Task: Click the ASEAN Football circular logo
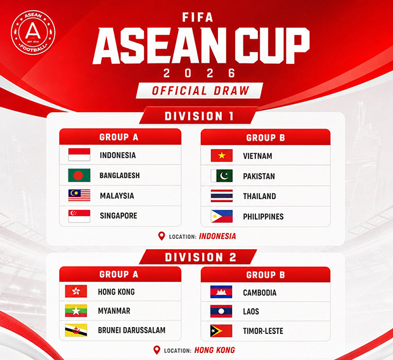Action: click(33, 32)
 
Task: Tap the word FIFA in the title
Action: click(198, 17)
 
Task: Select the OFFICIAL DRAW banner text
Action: click(200, 91)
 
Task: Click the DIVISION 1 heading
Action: click(199, 117)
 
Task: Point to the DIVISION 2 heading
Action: click(200, 257)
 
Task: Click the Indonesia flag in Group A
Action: click(79, 155)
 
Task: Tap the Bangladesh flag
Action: click(79, 175)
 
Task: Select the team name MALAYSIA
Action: click(117, 196)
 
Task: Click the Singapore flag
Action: click(79, 216)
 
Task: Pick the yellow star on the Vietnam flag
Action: click(222, 155)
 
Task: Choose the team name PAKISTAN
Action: click(259, 176)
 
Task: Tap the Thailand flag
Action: click(222, 196)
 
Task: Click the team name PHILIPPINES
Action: click(263, 217)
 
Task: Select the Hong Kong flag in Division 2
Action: click(76, 291)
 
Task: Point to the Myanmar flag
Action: click(76, 311)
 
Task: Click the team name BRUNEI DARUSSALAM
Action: click(132, 330)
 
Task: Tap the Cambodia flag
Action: click(221, 292)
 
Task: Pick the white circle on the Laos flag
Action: click(221, 311)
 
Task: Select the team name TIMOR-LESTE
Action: click(263, 331)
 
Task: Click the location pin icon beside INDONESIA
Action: click(162, 236)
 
